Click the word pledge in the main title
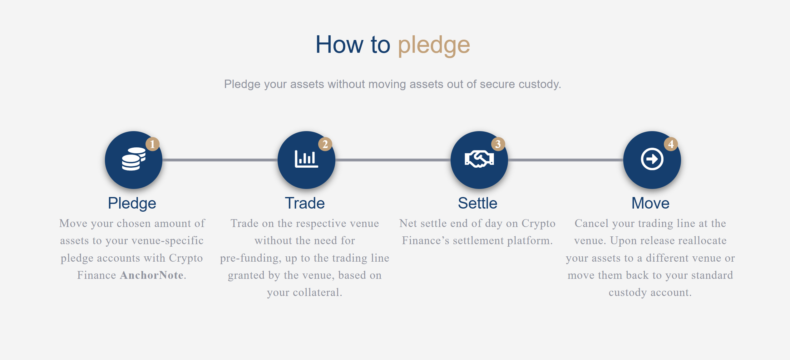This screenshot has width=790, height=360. point(434,46)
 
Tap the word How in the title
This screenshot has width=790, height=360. point(339,45)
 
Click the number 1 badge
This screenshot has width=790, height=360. point(152,144)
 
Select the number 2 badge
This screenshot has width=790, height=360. point(325,144)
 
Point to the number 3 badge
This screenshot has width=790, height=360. point(498,144)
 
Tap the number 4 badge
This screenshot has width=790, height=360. point(671,144)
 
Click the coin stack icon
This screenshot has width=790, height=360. point(134,159)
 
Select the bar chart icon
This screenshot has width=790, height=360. point(306,159)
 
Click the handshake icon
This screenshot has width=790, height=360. point(479,159)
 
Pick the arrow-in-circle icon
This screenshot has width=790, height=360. point(652,159)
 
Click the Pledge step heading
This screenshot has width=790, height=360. point(132,203)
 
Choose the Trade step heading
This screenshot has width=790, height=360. point(305,203)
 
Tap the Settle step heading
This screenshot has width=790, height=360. point(477,203)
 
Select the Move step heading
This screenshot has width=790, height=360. point(650,203)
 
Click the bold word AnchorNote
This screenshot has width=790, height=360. point(152,275)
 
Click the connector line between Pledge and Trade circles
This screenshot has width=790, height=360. point(220,160)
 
